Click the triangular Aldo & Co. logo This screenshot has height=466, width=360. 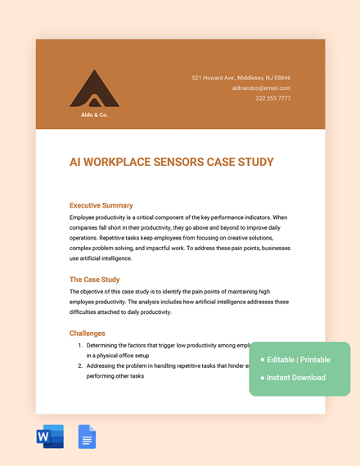click(x=94, y=91)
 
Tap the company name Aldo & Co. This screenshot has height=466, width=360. click(x=94, y=114)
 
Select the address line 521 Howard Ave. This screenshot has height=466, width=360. click(x=241, y=78)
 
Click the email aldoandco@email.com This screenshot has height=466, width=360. click(x=261, y=87)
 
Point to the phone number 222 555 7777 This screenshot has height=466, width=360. click(x=272, y=98)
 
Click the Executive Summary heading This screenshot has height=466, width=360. click(x=101, y=205)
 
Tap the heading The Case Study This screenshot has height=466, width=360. click(x=94, y=280)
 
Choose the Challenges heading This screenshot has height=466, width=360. click(x=88, y=334)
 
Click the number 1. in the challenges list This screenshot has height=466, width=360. click(x=80, y=346)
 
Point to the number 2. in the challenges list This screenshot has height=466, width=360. click(x=80, y=366)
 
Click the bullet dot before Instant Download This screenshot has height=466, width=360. click(x=263, y=378)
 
